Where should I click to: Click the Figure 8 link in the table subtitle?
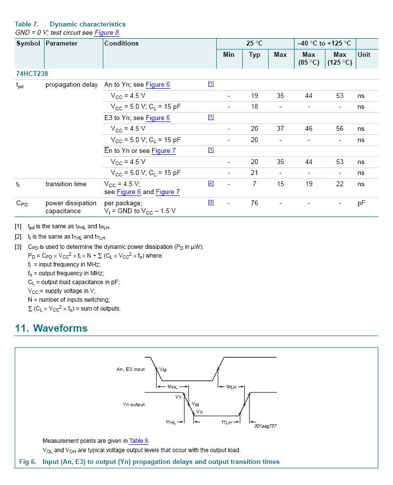point(107,33)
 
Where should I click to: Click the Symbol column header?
point(28,44)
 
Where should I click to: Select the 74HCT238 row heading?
point(32,73)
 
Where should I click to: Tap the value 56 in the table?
point(340,129)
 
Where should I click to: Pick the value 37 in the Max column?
point(280,129)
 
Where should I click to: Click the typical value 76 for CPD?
point(254,203)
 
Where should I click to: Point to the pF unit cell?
point(361,203)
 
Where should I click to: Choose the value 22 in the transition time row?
point(340,184)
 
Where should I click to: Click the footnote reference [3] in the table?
point(211,202)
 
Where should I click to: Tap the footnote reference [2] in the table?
point(211,183)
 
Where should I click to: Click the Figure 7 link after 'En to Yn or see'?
point(163,151)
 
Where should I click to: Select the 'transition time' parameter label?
point(66,184)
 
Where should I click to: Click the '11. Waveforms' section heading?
point(51,328)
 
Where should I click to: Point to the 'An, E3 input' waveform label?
point(131,369)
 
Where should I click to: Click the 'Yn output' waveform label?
point(134,405)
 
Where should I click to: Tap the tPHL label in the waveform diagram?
point(173,387)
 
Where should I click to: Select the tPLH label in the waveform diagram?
point(231,387)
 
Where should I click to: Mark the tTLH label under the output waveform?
point(227,422)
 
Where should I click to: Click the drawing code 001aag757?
point(265,426)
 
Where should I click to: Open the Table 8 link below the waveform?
point(139,441)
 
